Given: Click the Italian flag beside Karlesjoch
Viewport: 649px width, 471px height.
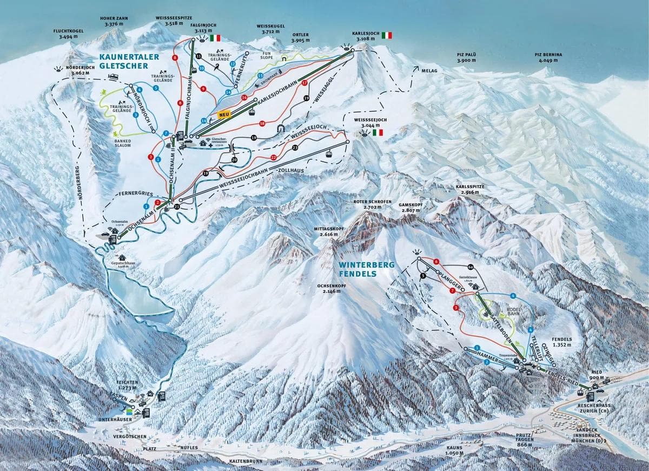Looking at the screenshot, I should click(387, 35).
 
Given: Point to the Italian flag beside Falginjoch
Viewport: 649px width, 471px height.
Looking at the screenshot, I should click(215, 38).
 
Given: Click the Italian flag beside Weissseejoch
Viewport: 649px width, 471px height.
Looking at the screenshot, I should click(377, 132).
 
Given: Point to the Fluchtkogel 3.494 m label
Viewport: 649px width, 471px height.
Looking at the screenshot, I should click(68, 34).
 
